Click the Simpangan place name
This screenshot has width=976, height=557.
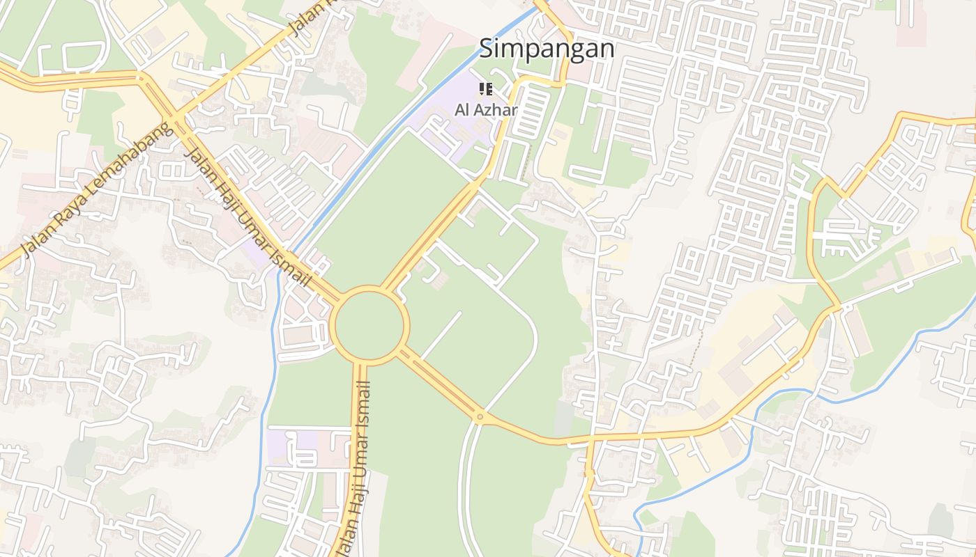(547, 49)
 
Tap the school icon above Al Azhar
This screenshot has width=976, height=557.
(486, 89)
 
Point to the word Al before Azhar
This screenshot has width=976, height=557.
(462, 110)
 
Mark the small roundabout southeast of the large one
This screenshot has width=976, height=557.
(480, 417)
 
